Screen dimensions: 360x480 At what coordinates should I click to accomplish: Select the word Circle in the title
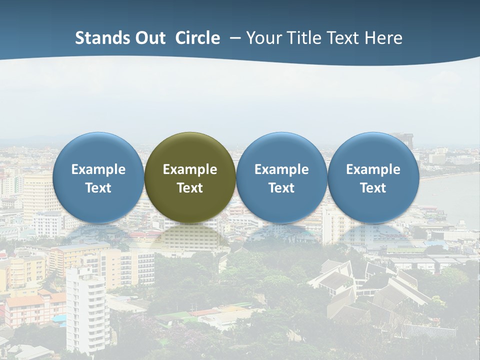197,38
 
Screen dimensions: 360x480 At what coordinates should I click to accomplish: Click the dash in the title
235,38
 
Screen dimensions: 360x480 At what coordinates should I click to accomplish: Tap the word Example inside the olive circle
190,169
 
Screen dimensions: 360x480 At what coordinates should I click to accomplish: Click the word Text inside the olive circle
190,188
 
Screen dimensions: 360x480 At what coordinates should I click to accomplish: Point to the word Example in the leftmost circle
98,169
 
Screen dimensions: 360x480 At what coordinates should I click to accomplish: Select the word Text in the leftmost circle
98,188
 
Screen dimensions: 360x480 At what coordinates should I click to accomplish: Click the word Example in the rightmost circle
373,169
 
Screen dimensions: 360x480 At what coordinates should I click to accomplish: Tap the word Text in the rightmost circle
373,188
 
